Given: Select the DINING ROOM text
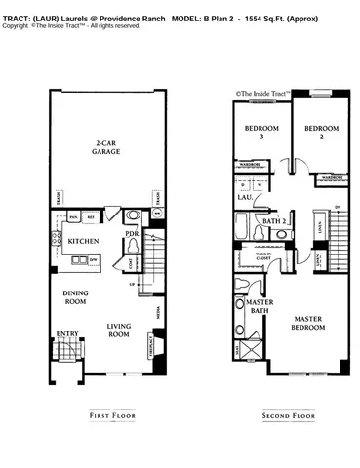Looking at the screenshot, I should pos(77,298).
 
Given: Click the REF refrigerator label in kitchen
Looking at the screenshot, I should pos(91,216).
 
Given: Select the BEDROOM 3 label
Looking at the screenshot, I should pos(261,133).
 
